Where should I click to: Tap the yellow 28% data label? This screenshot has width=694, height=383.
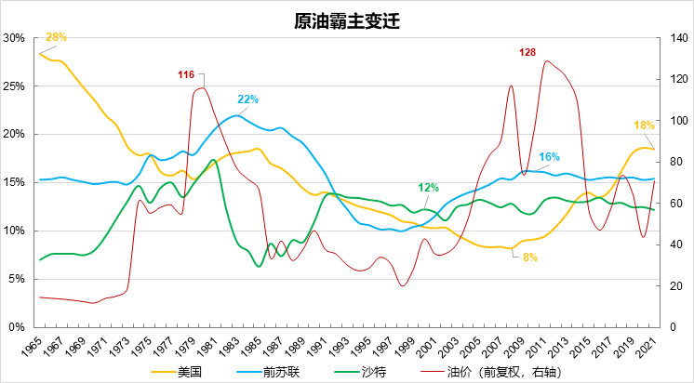point(56,37)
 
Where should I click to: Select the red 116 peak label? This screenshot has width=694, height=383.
point(186,73)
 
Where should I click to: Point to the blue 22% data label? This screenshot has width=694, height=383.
point(247,99)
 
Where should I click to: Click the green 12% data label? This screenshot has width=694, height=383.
point(428,187)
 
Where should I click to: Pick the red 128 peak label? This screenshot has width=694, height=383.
point(527,52)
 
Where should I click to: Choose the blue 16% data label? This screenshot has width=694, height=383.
point(549,157)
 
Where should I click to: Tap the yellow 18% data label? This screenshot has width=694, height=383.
point(644,125)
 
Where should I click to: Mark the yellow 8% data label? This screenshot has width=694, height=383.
point(530,257)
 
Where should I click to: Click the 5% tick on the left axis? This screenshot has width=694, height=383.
point(16,279)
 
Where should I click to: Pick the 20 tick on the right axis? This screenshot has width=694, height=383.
point(674,286)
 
